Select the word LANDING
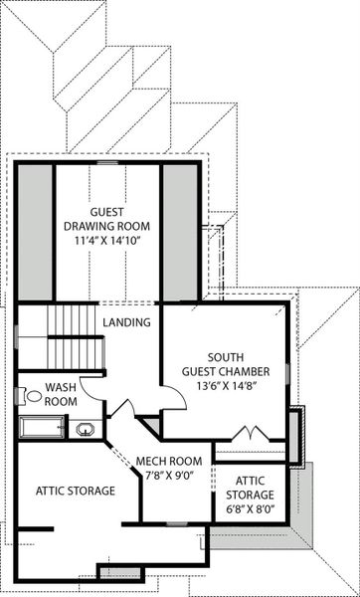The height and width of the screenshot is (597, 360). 126,323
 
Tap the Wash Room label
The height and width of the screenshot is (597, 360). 61,394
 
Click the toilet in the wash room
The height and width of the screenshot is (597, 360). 33,396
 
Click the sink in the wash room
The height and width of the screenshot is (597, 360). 86,430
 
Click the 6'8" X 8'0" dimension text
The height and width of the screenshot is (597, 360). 251,510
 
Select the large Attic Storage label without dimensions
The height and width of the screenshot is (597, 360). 76,491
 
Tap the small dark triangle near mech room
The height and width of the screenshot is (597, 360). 150,426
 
